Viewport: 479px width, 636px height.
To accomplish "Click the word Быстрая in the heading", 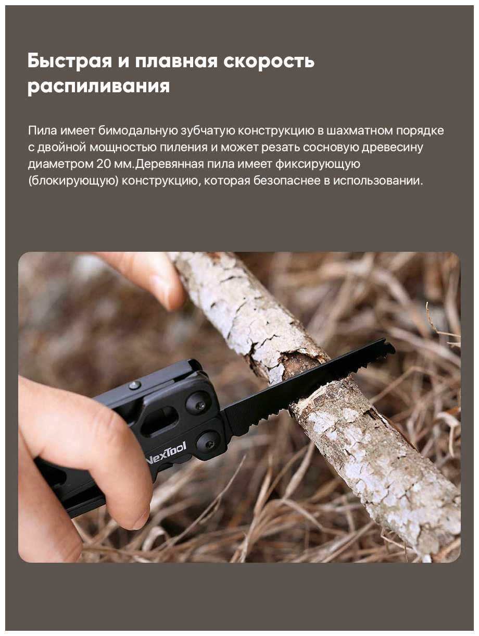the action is pyautogui.click(x=69, y=61).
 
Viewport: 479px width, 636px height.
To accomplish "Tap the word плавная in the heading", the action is pyautogui.click(x=176, y=61).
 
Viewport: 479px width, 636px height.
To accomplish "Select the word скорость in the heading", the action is pyautogui.click(x=269, y=61).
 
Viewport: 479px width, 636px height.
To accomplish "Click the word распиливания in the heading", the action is pyautogui.click(x=98, y=86).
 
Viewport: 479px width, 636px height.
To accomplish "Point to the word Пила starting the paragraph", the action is pyautogui.click(x=43, y=131).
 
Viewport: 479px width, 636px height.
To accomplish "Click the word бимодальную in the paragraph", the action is pyautogui.click(x=137, y=131).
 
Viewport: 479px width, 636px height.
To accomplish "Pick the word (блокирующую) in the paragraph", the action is pyautogui.click(x=73, y=181).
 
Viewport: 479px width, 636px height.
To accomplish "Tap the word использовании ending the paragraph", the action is pyautogui.click(x=378, y=181).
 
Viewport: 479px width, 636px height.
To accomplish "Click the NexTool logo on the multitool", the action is pyautogui.click(x=167, y=450).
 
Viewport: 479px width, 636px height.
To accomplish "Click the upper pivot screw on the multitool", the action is pyautogui.click(x=199, y=403).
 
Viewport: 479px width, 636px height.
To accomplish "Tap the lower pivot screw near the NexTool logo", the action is pyautogui.click(x=207, y=443).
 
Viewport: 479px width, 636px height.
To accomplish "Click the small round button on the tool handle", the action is pyautogui.click(x=135, y=385).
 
